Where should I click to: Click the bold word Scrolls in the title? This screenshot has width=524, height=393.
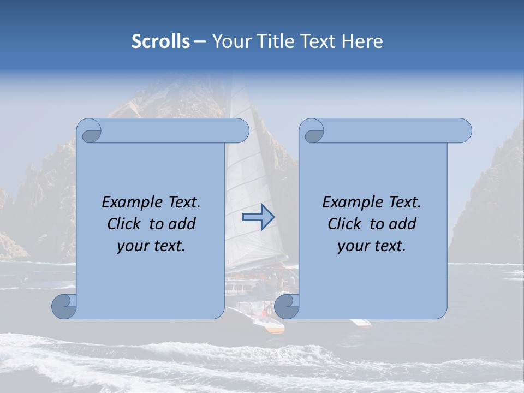[x=161, y=41]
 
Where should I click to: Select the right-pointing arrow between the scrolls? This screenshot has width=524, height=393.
[x=258, y=217]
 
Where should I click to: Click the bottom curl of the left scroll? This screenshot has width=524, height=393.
[x=64, y=306]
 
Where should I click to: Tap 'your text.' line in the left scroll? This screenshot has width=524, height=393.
[x=151, y=246]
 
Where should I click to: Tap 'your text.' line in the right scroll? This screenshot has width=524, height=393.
[x=372, y=246]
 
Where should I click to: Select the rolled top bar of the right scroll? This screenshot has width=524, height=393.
[x=393, y=130]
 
